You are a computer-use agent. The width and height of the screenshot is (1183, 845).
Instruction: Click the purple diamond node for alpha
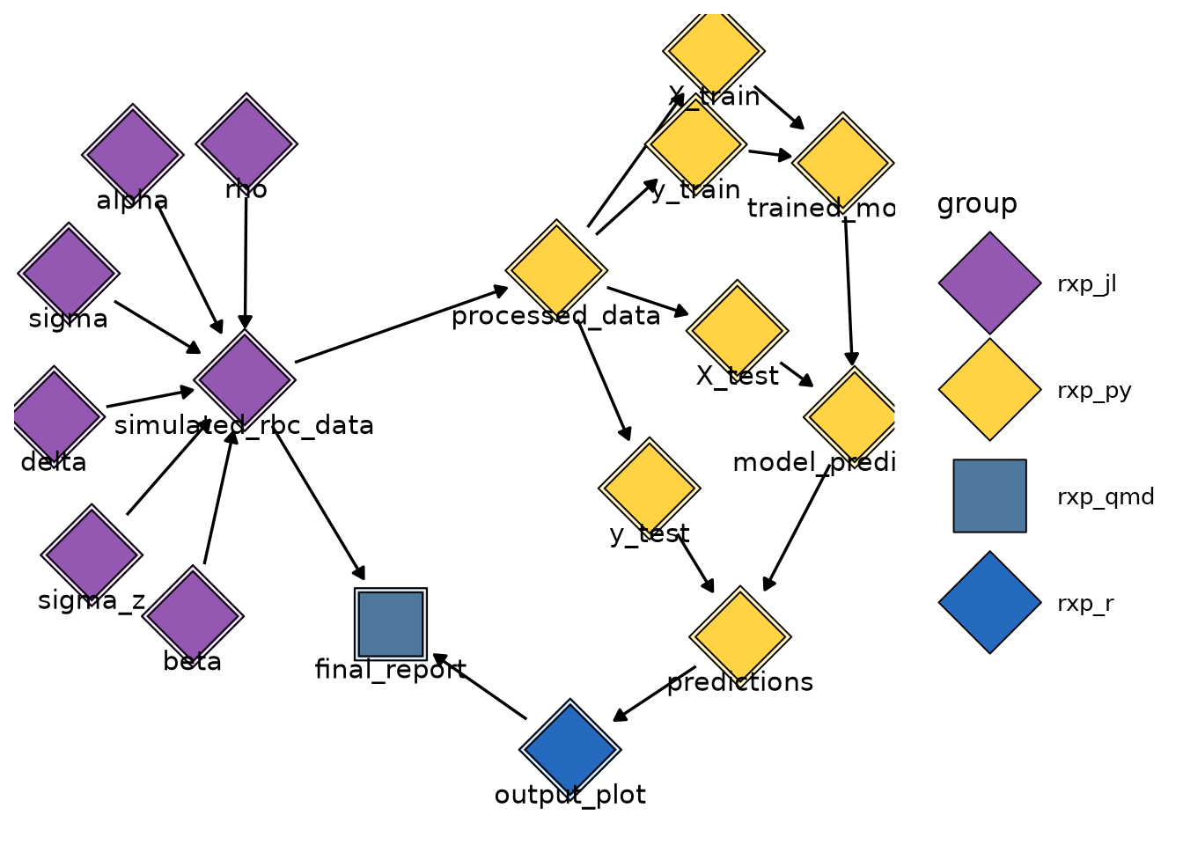133,155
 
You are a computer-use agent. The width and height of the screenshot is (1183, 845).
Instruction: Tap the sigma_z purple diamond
92,555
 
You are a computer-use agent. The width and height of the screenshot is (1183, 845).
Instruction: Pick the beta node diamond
193,614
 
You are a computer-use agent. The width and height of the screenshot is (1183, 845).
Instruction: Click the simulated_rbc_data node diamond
245,379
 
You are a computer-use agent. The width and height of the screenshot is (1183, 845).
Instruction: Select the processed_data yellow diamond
556,269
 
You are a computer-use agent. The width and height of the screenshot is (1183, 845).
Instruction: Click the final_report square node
391,624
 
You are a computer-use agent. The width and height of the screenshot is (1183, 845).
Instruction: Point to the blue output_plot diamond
570,749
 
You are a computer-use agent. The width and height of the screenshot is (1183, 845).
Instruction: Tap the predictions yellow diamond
740,636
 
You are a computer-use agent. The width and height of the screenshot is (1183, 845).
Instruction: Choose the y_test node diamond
649,488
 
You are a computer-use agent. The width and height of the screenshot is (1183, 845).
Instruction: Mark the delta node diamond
55,416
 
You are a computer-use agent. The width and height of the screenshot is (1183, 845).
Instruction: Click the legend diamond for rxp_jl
989,283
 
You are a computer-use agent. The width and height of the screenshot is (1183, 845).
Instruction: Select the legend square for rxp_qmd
989,496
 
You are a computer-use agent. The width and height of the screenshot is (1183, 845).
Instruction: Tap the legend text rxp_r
1085,604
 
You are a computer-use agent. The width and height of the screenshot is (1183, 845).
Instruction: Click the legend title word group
977,204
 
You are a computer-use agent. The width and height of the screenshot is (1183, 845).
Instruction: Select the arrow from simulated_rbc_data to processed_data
400,324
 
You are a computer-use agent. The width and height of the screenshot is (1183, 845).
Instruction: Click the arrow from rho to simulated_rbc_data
246,260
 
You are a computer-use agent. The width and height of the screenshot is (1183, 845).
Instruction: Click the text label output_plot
570,796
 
